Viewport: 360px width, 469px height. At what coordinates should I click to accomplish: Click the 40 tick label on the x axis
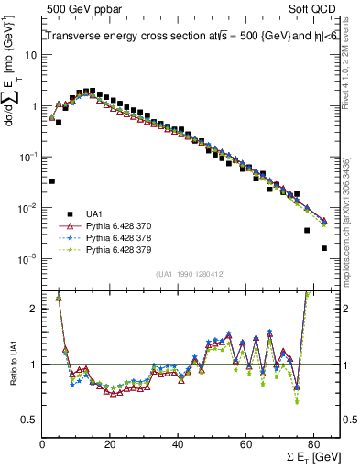click(x=178, y=444)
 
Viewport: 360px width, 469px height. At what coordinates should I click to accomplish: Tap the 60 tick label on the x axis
click(x=245, y=444)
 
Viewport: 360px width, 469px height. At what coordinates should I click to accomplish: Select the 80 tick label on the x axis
click(x=313, y=444)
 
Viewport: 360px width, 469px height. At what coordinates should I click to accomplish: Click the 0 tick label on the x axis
click(x=42, y=444)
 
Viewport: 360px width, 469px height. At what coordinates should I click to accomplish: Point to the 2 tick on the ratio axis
click(x=35, y=309)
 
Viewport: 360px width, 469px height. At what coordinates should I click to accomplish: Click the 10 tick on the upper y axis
click(x=31, y=55)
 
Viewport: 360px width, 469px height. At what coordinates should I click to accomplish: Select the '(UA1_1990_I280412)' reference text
click(x=191, y=274)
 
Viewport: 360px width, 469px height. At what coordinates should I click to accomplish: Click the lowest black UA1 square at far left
click(x=52, y=181)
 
